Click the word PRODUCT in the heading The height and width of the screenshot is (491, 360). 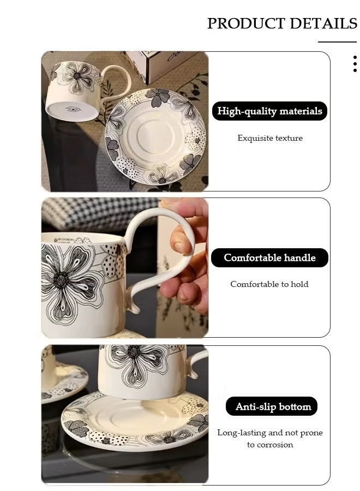(246, 23)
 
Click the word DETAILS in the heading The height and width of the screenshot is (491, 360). (323, 23)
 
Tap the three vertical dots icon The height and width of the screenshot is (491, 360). (355, 64)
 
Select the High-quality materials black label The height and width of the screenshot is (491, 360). (269, 111)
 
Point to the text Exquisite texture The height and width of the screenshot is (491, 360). (270, 138)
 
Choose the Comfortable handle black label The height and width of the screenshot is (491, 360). (269, 258)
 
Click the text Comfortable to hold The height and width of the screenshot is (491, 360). (269, 284)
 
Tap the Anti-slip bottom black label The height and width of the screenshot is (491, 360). (272, 406)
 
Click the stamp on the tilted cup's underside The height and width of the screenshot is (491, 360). (73, 110)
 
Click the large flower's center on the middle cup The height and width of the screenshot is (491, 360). (60, 279)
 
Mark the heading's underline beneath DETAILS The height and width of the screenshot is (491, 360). (337, 41)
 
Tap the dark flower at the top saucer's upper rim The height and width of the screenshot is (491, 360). (158, 97)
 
